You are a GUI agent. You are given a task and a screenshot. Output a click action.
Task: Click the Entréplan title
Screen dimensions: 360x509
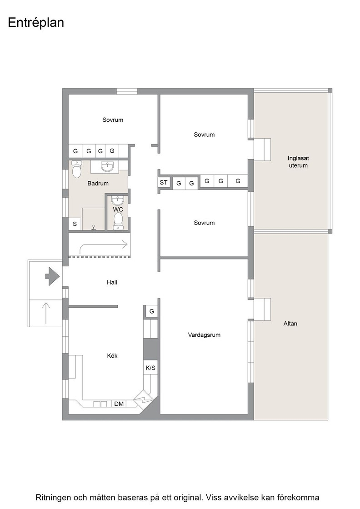coord(36,23)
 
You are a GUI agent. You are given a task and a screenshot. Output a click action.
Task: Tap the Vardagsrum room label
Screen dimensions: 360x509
coord(204,334)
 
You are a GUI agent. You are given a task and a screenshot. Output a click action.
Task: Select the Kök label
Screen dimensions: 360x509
coord(112,356)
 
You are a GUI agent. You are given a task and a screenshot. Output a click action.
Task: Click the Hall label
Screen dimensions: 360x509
coord(112,282)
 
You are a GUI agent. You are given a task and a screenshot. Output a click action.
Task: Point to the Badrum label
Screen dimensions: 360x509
coord(98,184)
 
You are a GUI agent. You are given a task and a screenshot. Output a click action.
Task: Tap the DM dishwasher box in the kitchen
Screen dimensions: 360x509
coord(119,404)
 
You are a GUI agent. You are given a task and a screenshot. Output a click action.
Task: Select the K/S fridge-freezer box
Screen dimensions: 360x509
coord(150,368)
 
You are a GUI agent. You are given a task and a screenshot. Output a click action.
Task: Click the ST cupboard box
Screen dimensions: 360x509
coord(164,182)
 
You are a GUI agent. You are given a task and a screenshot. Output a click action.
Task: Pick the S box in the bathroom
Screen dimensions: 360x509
coord(75,224)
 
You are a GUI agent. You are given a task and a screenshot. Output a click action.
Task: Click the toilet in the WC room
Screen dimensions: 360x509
coord(118,221)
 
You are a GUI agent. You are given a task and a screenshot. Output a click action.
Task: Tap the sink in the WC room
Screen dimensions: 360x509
coord(118,200)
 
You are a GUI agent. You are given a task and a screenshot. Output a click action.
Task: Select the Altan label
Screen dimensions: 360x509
coord(290,324)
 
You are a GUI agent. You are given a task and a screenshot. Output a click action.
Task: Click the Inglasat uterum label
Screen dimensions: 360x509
coord(298,162)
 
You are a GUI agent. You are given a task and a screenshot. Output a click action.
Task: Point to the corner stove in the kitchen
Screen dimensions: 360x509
coord(143,397)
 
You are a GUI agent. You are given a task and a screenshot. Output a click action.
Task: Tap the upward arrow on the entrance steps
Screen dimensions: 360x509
coord(46,313)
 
